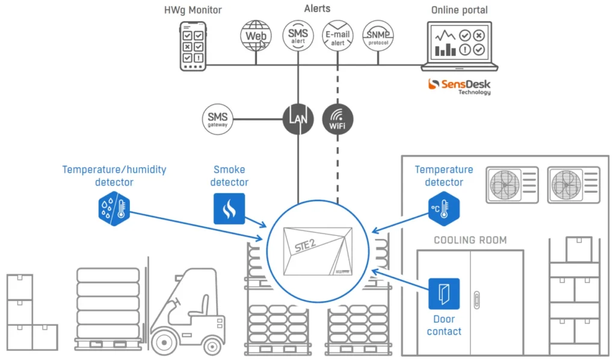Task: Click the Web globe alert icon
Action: (256, 36)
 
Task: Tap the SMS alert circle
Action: (298, 36)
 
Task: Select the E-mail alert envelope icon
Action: (337, 36)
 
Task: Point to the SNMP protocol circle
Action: (378, 36)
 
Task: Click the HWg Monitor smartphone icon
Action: (193, 46)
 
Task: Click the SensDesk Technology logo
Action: (459, 87)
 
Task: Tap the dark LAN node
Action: (298, 119)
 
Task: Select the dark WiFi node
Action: (337, 119)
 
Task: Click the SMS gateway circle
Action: (218, 119)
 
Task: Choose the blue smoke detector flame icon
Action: (229, 209)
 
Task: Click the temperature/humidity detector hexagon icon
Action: (114, 208)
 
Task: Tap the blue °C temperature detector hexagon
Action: (444, 208)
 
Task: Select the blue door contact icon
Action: (444, 294)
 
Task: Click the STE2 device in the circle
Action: (318, 251)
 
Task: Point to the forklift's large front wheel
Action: (164, 343)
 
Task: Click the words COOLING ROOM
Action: (470, 240)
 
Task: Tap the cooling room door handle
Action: (477, 300)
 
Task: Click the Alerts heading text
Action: (317, 8)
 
